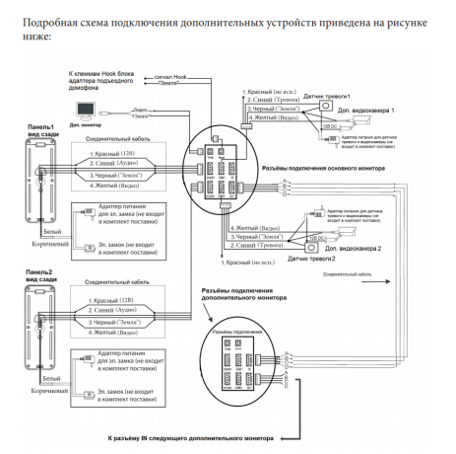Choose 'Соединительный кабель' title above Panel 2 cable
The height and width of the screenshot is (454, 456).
pos(118,281)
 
